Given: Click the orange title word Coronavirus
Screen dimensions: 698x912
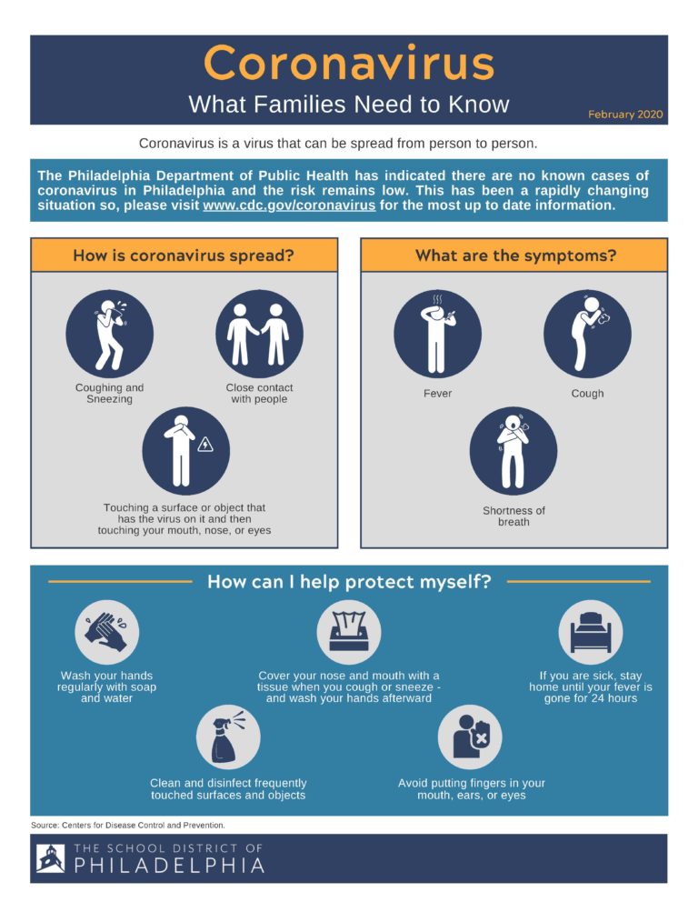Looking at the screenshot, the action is pyautogui.click(x=349, y=63).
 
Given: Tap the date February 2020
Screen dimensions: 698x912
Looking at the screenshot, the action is pyautogui.click(x=625, y=115).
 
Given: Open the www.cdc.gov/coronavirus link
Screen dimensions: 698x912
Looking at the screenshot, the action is pyautogui.click(x=289, y=205).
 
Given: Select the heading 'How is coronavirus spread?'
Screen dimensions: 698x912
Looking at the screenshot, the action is pyautogui.click(x=184, y=256).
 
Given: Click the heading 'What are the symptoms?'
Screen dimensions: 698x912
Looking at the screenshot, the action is pyautogui.click(x=515, y=256).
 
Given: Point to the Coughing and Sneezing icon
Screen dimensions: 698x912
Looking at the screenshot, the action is pyautogui.click(x=110, y=335).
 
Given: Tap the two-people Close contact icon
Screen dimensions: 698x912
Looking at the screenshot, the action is pyautogui.click(x=259, y=335).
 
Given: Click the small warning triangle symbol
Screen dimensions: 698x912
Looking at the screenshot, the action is pyautogui.click(x=205, y=445).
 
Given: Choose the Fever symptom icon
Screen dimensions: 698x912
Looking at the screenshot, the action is pyautogui.click(x=438, y=335).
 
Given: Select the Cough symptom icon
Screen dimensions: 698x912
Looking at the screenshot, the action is pyautogui.click(x=588, y=335).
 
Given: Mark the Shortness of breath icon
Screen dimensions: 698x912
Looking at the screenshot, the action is pyautogui.click(x=514, y=451).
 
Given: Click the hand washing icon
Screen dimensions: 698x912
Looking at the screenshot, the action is pyautogui.click(x=107, y=632).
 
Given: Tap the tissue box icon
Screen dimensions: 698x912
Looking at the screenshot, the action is pyautogui.click(x=349, y=632).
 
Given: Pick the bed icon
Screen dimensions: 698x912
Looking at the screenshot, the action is pyautogui.click(x=591, y=632).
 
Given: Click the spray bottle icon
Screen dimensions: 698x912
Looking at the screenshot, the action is pyautogui.click(x=228, y=737).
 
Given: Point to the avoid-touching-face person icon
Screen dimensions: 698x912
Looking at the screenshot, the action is pyautogui.click(x=470, y=737).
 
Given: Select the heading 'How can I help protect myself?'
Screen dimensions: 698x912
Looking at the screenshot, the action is pyautogui.click(x=349, y=582).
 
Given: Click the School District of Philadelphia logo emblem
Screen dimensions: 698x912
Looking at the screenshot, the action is pyautogui.click(x=51, y=858).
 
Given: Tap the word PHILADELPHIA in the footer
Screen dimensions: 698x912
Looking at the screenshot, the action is pyautogui.click(x=169, y=866).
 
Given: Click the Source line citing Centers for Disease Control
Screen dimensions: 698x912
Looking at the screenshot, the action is pyautogui.click(x=128, y=826).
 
